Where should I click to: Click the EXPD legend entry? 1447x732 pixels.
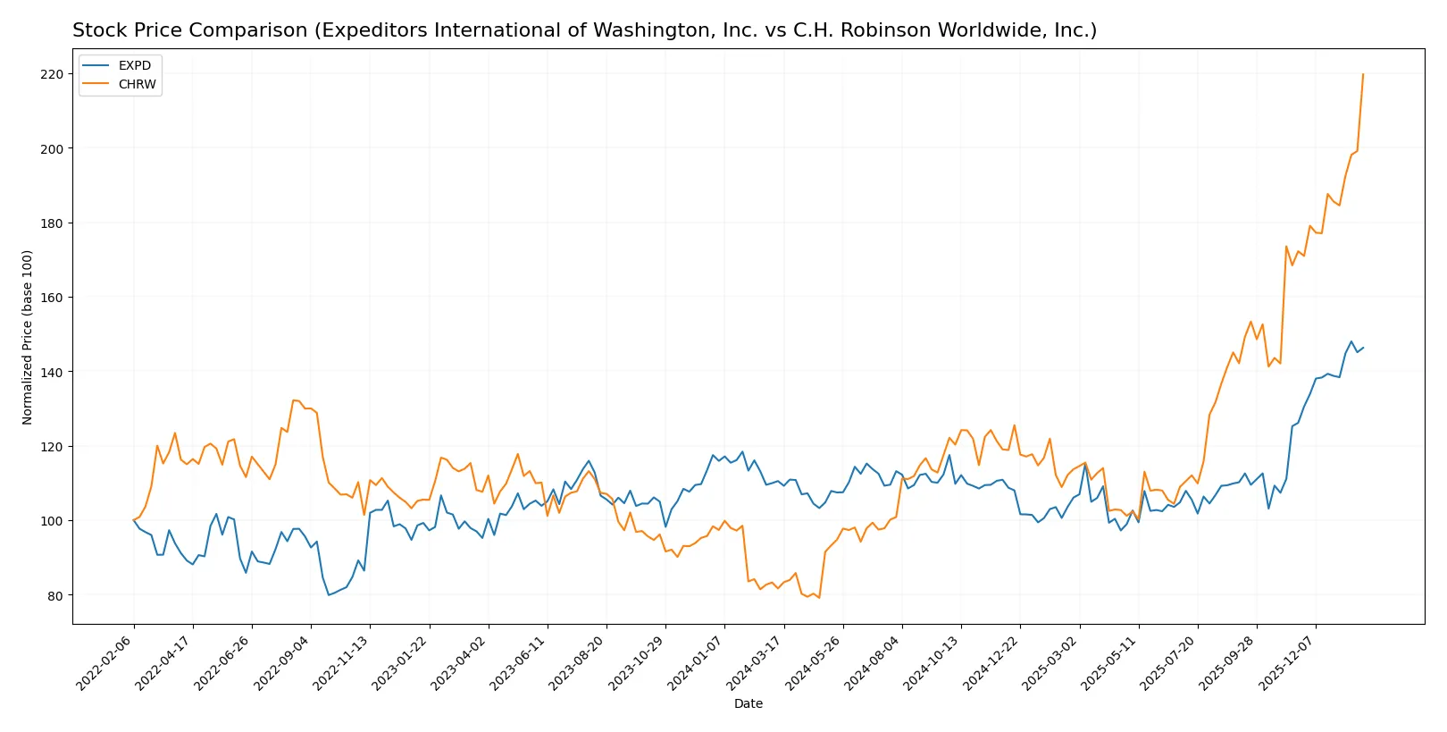[134, 65]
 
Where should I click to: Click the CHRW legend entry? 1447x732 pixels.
[137, 84]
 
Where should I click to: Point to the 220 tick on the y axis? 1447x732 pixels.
[52, 74]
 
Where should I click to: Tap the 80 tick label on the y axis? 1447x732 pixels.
[55, 595]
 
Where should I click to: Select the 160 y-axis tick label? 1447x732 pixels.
[52, 298]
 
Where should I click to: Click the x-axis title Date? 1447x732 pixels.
[748, 703]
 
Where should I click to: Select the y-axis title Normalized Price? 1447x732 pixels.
[28, 337]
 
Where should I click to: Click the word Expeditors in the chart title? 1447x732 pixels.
[357, 30]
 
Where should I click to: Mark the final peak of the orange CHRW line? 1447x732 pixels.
[1363, 74]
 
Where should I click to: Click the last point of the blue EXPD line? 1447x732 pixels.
[1363, 348]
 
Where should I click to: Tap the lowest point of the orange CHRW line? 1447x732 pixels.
[819, 598]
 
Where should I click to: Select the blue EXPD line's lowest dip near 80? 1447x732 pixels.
[329, 595]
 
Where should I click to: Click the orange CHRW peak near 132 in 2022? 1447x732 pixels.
[294, 400]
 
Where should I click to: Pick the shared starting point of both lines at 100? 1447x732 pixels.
[134, 520]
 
